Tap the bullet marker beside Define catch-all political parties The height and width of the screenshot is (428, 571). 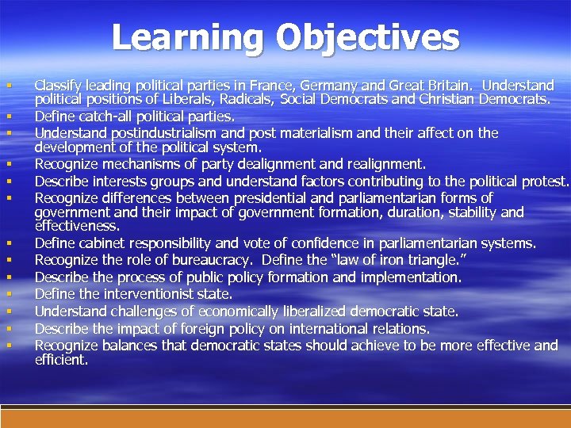(8, 117)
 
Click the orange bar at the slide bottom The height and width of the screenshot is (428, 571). (285, 418)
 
